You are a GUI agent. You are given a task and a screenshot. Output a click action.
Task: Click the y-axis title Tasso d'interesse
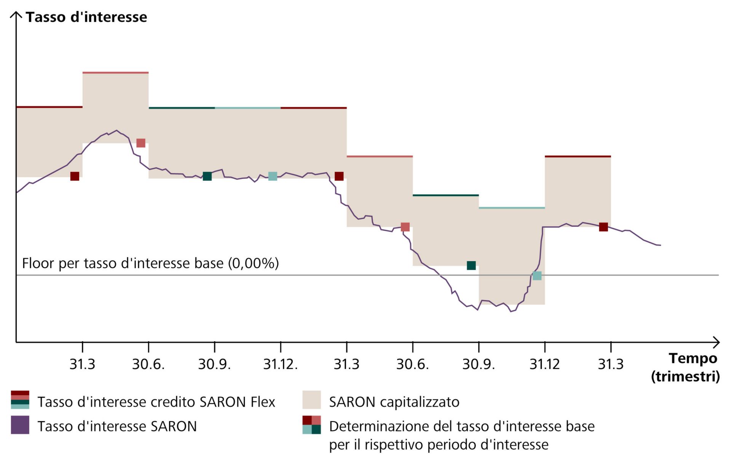tap(86, 17)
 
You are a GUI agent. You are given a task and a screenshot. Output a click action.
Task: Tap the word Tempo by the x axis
tap(693, 358)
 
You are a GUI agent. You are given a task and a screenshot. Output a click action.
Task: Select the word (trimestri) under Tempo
tap(685, 377)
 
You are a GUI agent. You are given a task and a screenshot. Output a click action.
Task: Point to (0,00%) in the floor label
tap(253, 263)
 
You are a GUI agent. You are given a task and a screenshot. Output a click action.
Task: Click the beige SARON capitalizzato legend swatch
tap(311, 400)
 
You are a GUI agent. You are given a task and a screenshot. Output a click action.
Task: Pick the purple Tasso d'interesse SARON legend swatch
tap(20, 425)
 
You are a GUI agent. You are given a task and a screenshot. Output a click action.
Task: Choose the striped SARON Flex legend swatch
tap(20, 400)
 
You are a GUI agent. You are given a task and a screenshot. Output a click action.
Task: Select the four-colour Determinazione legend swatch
tap(311, 425)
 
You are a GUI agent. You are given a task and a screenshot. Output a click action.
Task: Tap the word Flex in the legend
tap(263, 402)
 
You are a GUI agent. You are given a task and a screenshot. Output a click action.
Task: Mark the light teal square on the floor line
tap(537, 275)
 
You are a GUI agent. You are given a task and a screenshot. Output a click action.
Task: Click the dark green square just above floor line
tap(471, 265)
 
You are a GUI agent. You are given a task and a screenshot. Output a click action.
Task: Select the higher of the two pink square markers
tap(140, 143)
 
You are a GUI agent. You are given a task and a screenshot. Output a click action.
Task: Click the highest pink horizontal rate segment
tap(115, 72)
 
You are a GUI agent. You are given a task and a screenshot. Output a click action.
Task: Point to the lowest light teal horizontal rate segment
tap(512, 208)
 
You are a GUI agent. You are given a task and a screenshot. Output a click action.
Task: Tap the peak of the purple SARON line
tap(117, 130)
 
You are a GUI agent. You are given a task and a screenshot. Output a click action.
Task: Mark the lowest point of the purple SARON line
tap(511, 312)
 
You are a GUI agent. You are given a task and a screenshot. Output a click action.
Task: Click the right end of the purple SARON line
tap(660, 245)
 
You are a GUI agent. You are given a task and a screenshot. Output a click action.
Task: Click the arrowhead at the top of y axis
tap(16, 14)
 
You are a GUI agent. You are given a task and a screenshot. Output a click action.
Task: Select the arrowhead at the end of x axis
tap(717, 342)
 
